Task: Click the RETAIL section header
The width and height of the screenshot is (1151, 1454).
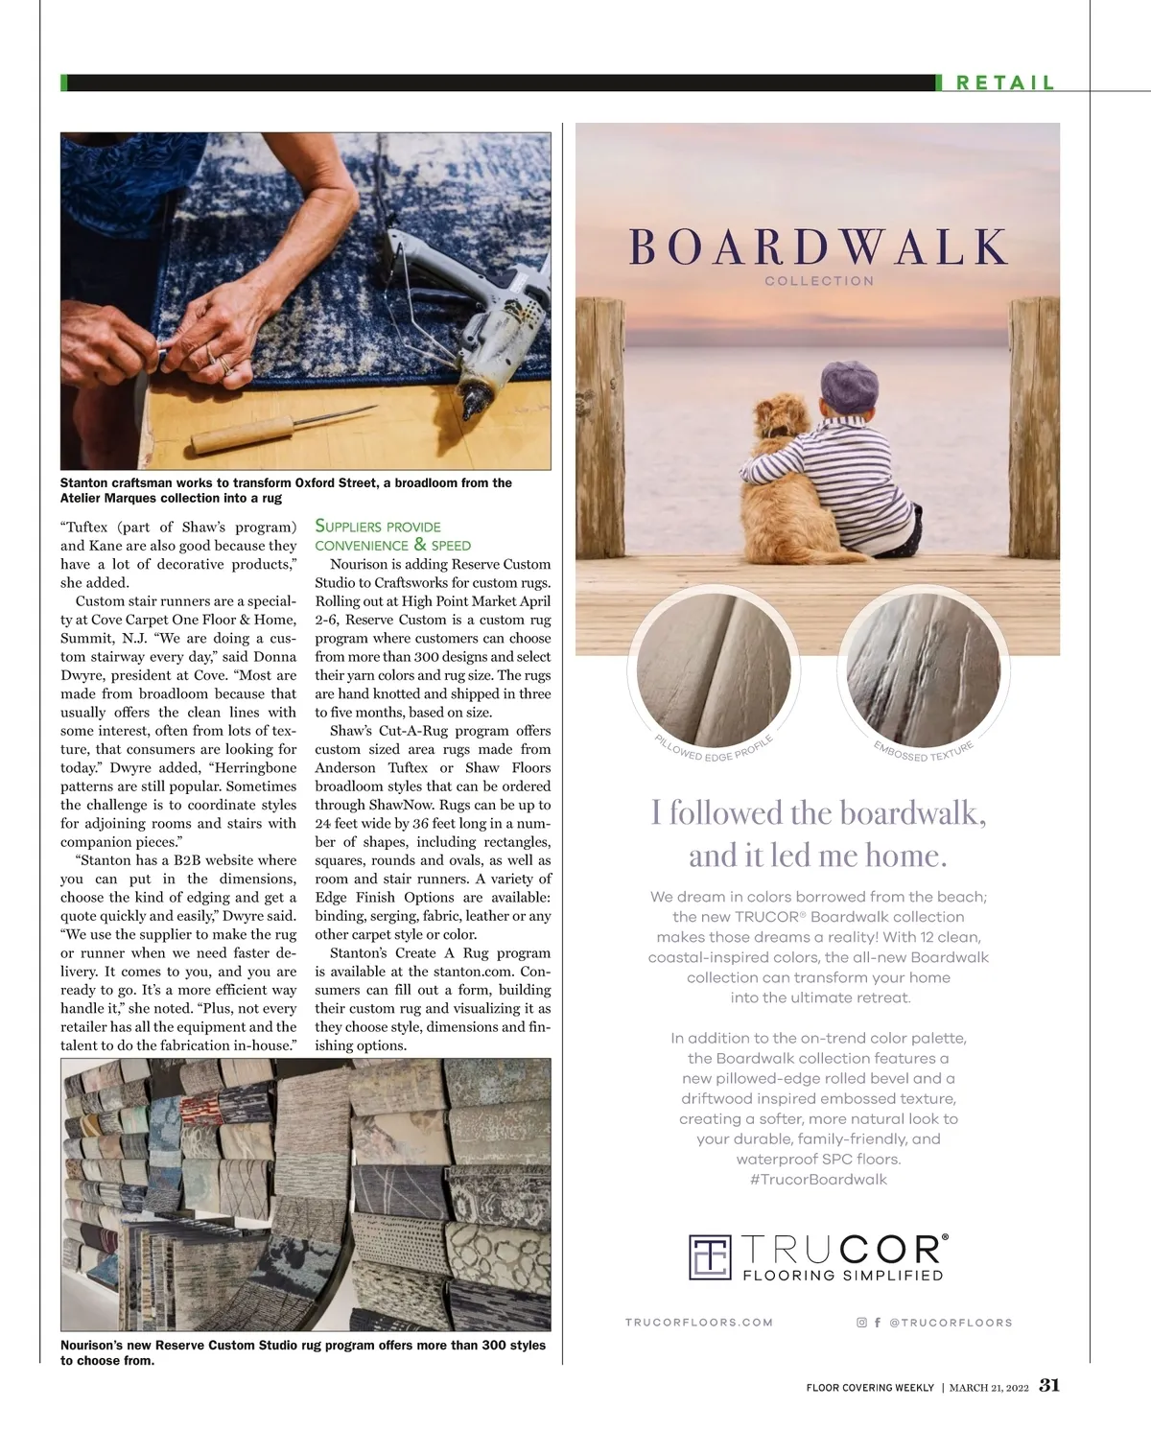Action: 1004,82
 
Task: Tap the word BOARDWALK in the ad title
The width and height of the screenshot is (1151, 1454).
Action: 818,246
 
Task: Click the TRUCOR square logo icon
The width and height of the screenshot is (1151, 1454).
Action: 711,1256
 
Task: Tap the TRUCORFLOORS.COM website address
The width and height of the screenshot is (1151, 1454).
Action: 698,1322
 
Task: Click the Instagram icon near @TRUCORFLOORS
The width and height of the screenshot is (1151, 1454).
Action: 861,1322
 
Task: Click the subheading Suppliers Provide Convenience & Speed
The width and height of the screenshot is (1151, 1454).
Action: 393,535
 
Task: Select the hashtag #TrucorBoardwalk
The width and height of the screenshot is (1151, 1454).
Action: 818,1180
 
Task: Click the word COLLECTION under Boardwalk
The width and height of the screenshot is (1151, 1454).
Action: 819,281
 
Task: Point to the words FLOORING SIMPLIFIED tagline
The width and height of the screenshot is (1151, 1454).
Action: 843,1276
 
